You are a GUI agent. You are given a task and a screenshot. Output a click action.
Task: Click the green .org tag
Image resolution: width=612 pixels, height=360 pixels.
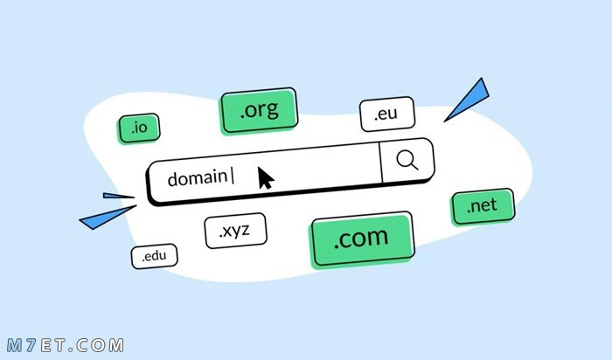pos(259,111)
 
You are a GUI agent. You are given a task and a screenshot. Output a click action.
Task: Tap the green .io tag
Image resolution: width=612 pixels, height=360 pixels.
pos(139,128)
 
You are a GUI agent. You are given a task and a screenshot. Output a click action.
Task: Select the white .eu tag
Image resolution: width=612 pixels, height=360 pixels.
pos(386,114)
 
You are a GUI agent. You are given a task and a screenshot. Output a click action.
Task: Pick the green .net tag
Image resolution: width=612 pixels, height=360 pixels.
pos(483,207)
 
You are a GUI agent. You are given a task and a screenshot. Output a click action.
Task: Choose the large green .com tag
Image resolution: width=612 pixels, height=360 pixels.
pos(361,239)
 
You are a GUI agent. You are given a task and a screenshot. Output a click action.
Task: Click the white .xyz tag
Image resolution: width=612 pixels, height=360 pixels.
pos(235,231)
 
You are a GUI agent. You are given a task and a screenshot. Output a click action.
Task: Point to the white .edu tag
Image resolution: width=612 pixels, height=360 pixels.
pos(154,257)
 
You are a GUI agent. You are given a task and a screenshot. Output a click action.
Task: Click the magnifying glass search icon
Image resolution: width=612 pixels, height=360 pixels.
pos(407,160)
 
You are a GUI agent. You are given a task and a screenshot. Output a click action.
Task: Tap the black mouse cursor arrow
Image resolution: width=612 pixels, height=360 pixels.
pos(266,178)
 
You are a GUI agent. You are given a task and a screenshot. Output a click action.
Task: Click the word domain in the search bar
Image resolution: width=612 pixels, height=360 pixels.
pos(197,178)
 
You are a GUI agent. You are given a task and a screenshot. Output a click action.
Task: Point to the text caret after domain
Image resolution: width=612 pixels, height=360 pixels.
pos(233,176)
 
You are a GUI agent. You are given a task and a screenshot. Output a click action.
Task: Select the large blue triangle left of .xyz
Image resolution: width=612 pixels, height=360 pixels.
pos(108,218)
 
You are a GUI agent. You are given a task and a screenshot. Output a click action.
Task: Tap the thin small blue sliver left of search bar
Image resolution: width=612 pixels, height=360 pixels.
pos(118,196)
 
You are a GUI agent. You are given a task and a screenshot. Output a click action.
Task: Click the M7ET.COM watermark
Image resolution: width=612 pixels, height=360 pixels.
pos(66,345)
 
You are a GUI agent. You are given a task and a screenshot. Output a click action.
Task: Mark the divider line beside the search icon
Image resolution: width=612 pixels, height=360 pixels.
pos(380,163)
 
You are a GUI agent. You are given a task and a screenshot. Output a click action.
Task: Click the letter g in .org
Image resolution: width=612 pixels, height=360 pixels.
pos(272,111)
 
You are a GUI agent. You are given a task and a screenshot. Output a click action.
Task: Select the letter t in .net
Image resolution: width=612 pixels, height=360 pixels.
pos(494,204)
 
